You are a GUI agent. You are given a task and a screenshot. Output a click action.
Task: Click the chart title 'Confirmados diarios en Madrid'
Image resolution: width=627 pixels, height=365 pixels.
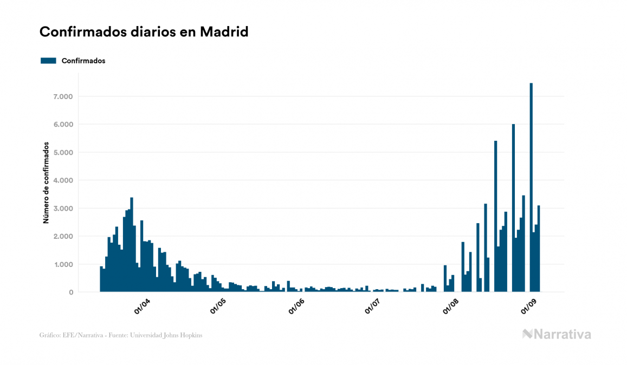[144, 32]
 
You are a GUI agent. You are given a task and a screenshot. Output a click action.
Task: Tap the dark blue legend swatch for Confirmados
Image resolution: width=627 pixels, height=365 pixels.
[48, 61]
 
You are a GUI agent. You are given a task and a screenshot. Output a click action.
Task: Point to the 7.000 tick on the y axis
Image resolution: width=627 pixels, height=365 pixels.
[62, 96]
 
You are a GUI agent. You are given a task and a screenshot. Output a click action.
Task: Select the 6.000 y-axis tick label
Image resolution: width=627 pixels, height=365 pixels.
[62, 125]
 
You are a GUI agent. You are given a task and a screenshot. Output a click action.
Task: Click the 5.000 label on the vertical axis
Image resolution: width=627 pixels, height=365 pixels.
[62, 153]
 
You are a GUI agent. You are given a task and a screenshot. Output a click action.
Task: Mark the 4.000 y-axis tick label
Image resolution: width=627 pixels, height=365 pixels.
[62, 180]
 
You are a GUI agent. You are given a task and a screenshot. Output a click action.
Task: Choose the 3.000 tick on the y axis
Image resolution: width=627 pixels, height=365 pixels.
[62, 208]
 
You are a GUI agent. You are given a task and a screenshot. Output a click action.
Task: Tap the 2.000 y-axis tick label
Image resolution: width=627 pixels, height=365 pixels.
[62, 237]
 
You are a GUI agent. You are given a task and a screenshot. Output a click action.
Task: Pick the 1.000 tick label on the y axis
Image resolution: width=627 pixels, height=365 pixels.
[62, 265]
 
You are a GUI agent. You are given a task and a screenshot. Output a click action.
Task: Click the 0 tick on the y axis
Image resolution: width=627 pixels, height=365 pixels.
[70, 292]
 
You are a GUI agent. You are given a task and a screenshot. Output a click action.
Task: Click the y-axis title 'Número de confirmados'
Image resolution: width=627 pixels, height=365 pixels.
[46, 183]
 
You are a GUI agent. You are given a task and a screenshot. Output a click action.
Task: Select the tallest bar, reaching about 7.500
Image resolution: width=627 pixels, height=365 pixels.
[531, 187]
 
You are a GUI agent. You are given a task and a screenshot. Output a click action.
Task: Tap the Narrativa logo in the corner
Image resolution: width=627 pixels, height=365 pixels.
[557, 334]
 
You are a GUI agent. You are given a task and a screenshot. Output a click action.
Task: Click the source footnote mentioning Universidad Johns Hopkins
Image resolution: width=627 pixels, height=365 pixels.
[121, 335]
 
